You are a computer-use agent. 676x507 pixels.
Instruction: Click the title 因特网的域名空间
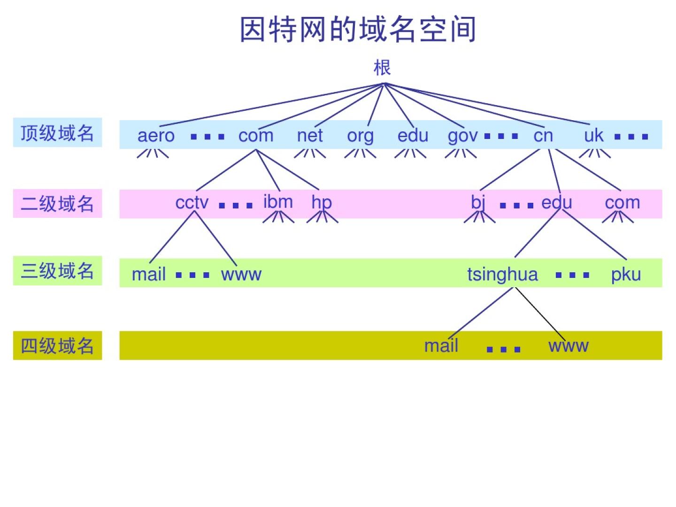click(x=358, y=29)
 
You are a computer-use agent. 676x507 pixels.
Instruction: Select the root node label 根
click(x=382, y=68)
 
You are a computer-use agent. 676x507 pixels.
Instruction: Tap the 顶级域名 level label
click(x=57, y=133)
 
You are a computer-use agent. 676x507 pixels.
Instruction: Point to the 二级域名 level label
click(x=57, y=204)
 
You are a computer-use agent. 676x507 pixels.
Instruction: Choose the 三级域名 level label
click(x=57, y=271)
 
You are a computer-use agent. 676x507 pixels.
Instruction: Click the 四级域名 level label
click(x=57, y=346)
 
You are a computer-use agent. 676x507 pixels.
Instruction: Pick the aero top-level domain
click(x=156, y=136)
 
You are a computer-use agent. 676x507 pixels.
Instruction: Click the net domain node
click(x=310, y=136)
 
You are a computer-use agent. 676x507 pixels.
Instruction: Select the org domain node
click(x=360, y=136)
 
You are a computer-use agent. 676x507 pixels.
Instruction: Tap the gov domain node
click(x=462, y=136)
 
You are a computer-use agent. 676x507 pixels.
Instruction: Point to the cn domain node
click(x=543, y=136)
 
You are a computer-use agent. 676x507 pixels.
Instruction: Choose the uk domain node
click(x=593, y=136)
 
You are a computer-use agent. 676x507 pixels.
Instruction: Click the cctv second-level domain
click(x=192, y=203)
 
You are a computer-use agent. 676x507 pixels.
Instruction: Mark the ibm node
click(x=278, y=202)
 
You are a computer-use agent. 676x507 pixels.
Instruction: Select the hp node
click(x=322, y=203)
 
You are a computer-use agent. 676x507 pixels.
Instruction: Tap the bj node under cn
click(x=478, y=203)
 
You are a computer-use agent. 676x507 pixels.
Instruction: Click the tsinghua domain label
click(x=502, y=275)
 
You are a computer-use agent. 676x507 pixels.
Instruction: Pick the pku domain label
click(x=626, y=275)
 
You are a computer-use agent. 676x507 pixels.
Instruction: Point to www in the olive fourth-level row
click(x=568, y=346)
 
